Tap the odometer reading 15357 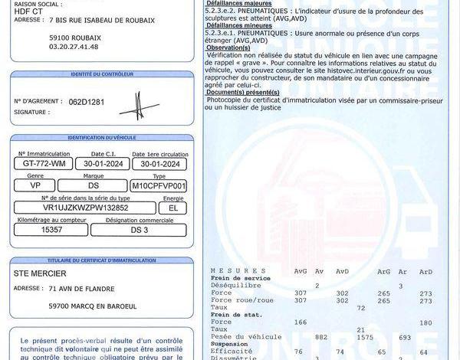(51, 229)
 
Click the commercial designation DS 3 (140, 229)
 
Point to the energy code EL (172, 208)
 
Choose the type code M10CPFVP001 (159, 186)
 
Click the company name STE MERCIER (40, 273)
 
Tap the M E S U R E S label (231, 271)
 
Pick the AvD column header (342, 271)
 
